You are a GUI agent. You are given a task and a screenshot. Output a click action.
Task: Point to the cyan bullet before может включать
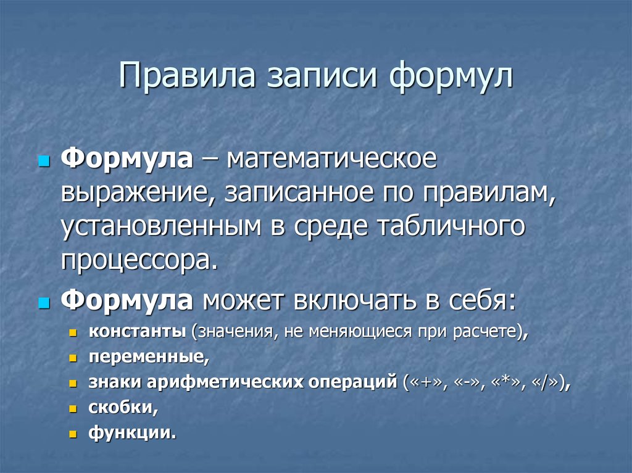pos(43,303)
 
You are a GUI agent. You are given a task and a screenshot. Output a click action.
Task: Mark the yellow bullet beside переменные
pos(73,358)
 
